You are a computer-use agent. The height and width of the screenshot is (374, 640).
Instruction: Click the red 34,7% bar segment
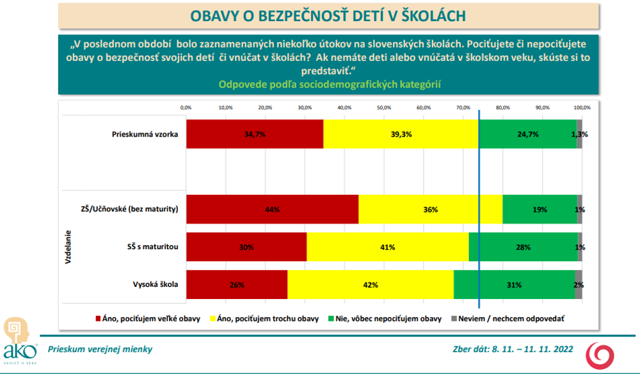click(x=255, y=134)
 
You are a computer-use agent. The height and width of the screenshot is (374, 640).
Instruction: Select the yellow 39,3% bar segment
click(x=401, y=134)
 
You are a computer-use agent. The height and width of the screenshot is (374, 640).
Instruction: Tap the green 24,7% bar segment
click(x=527, y=134)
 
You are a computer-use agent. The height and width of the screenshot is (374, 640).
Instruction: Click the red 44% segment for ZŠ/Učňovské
click(x=272, y=209)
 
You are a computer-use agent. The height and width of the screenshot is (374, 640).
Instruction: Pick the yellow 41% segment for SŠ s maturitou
click(x=388, y=247)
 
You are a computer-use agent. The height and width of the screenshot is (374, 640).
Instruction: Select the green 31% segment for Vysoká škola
click(x=514, y=284)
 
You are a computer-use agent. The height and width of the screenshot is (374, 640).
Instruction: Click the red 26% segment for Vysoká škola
click(x=237, y=284)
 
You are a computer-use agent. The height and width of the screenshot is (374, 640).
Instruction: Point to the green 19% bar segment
click(x=540, y=209)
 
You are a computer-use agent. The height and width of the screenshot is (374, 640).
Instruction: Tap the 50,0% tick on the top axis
click(x=384, y=108)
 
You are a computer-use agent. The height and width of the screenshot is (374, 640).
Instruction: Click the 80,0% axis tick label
click(x=502, y=108)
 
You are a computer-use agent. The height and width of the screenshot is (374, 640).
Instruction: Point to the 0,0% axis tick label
click(x=186, y=108)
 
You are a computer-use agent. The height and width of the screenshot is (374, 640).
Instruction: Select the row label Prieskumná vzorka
click(x=145, y=134)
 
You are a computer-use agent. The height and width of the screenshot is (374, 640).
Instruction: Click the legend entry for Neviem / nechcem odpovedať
click(x=512, y=318)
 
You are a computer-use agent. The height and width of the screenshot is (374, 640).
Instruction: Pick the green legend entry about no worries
click(x=386, y=318)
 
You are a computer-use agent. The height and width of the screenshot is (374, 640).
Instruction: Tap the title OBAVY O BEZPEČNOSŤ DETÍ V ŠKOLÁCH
click(x=328, y=15)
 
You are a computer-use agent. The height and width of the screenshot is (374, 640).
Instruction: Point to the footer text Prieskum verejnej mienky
click(x=100, y=350)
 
